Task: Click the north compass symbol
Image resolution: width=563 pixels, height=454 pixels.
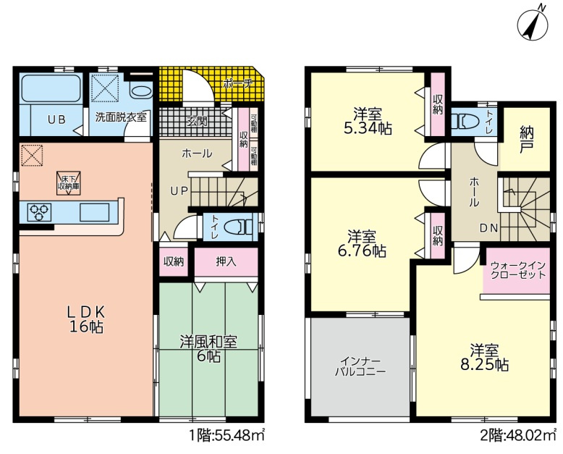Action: (x=533, y=24)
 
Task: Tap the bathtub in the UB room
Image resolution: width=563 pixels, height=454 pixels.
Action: (x=51, y=88)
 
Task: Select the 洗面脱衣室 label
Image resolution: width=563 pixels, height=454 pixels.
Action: (x=121, y=117)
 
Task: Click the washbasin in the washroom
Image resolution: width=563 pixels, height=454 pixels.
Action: (x=140, y=91)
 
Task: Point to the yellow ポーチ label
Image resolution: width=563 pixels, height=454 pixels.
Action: (x=237, y=84)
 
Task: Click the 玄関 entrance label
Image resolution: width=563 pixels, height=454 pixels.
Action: (x=197, y=122)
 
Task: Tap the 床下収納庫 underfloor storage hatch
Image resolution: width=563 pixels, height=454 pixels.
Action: (x=69, y=183)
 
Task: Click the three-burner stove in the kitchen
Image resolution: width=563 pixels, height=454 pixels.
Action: (x=40, y=212)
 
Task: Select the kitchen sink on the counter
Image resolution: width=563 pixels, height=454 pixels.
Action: (x=94, y=212)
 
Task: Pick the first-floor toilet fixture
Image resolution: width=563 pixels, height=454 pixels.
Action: (x=238, y=227)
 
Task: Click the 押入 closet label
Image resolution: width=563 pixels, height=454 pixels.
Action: (x=227, y=262)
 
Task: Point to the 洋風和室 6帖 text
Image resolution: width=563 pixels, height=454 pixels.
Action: (x=208, y=349)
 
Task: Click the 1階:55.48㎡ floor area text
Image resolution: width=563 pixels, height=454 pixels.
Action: (x=227, y=436)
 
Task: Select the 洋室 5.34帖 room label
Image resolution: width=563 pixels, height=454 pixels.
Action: (x=368, y=122)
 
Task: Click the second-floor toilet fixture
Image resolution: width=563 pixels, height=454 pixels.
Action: (x=466, y=121)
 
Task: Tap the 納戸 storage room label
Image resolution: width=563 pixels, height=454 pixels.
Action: (x=526, y=140)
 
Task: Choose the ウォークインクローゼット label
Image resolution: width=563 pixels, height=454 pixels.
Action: (x=517, y=271)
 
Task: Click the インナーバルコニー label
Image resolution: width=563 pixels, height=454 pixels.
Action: (x=360, y=366)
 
